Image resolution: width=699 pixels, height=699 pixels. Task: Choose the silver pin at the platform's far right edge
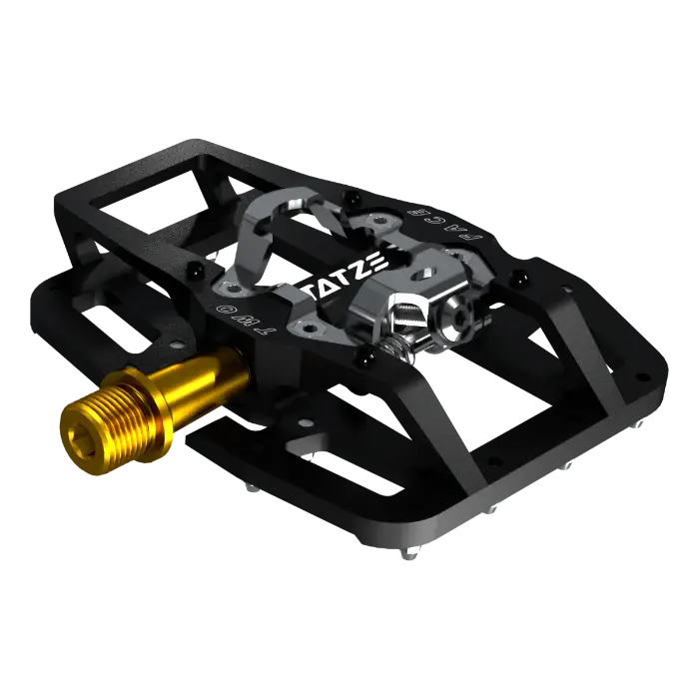(639, 423)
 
